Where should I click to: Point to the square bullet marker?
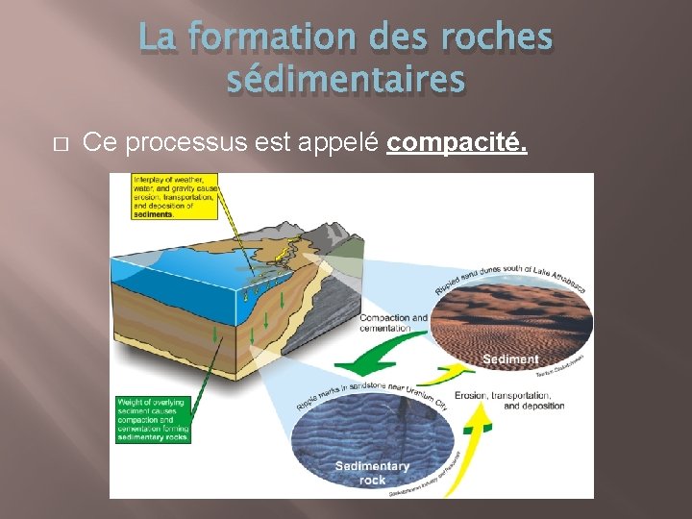pyautogui.click(x=59, y=144)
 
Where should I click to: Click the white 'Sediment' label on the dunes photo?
pyautogui.click(x=510, y=359)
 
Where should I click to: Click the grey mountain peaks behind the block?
pyautogui.click(x=332, y=235)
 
